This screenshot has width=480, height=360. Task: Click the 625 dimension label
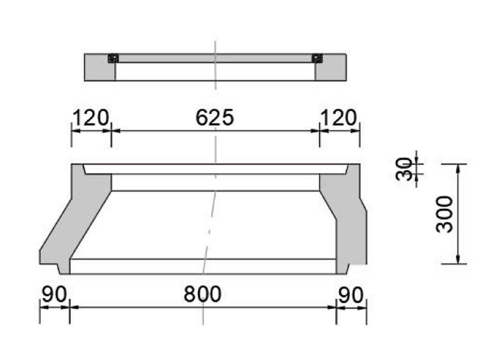point(214,118)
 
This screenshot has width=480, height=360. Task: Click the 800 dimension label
point(202,295)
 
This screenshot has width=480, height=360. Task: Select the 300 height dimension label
point(445,214)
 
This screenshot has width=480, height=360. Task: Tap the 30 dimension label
point(404,169)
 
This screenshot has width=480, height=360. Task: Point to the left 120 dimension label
point(90,118)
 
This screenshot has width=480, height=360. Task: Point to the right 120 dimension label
point(338,118)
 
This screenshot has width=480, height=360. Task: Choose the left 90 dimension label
point(54,295)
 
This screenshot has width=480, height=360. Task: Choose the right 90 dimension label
point(351,295)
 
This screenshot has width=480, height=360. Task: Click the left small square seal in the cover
point(112,59)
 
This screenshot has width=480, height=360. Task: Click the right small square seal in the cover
point(317,59)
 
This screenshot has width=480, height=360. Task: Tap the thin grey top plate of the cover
point(215,58)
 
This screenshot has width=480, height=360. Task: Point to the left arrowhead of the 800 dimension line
point(74,307)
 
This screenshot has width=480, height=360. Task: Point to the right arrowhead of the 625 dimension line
point(315,131)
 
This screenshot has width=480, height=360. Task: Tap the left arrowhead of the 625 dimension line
point(116,131)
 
